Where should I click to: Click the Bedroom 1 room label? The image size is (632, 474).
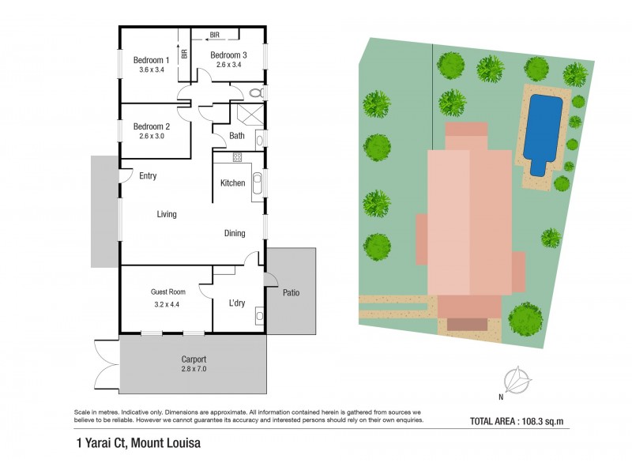(x=151, y=60)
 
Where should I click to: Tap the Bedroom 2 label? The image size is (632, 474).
(x=151, y=126)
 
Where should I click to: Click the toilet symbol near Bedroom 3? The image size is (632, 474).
(x=255, y=93)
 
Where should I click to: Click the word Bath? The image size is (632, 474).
(x=237, y=136)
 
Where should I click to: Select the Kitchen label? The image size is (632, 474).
(x=233, y=183)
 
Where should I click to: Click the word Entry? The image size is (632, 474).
(x=148, y=176)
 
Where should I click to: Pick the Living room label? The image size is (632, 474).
(x=167, y=214)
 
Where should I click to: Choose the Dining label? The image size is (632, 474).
(x=235, y=233)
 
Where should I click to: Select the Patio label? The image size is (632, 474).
(x=291, y=293)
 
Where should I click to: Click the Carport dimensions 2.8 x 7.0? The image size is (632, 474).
(x=193, y=369)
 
